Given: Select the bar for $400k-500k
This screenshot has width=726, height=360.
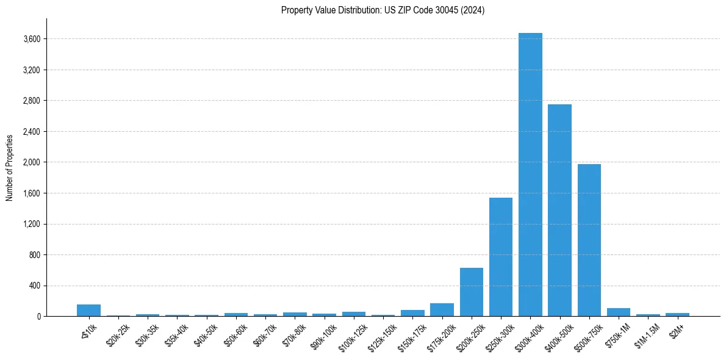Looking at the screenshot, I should pos(559,211).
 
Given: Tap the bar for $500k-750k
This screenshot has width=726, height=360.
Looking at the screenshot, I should pos(589,240).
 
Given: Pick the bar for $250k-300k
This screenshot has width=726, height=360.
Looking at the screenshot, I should pos(501,257).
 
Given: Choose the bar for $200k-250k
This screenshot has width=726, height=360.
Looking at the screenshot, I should pos(472,292).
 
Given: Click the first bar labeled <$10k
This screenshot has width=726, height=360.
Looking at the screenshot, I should pos(88,311).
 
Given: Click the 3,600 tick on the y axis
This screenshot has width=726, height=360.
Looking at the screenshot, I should pos(32,39).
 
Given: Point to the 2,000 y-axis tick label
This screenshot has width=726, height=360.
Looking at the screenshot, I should pos(32,162).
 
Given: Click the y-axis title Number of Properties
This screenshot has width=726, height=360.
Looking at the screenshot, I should pos(9,167).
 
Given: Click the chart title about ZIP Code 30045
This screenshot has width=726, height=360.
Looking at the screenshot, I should pos(383,10).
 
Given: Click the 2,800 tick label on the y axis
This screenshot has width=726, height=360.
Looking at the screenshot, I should pos(32,101).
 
